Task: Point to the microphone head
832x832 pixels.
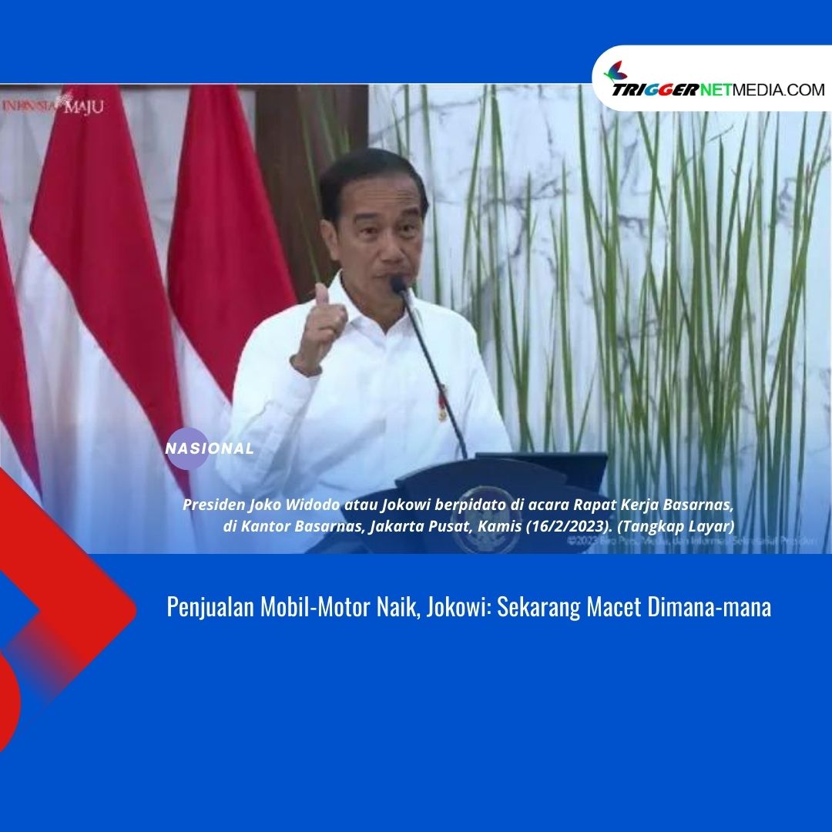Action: pyautogui.click(x=399, y=284)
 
